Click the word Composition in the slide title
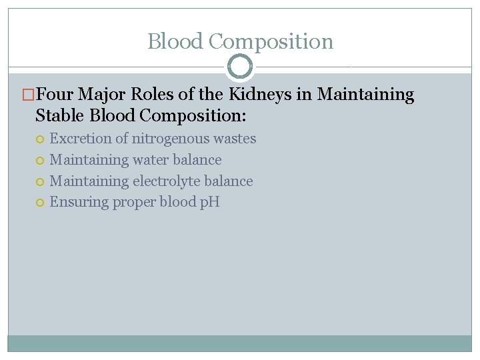271,41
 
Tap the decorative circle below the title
240,67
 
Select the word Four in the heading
57,95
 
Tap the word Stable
60,115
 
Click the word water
153,160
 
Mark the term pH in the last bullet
209,202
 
